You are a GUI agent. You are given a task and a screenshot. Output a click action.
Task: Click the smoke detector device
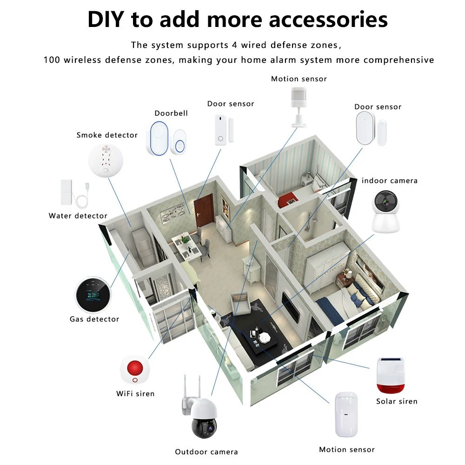point(106,160)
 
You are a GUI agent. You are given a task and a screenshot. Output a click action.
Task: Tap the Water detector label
point(78,216)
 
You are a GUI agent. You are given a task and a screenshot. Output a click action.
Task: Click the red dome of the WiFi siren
point(135,368)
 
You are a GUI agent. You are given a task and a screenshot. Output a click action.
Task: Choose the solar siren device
point(391,375)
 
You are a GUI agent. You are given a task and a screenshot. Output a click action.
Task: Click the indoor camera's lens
point(386,203)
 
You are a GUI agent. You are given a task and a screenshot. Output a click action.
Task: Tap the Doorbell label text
point(171,113)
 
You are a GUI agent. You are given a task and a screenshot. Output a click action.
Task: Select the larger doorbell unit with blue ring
point(159,138)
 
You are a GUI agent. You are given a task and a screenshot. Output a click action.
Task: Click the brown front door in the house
point(204,210)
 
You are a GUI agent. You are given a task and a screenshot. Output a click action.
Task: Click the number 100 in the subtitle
point(52,60)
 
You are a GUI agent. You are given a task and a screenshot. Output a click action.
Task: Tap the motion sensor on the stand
point(299,107)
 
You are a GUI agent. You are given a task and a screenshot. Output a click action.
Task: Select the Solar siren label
point(397,401)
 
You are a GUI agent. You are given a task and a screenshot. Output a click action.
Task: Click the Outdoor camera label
point(206,452)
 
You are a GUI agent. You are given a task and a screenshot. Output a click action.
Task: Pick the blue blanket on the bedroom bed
point(330,310)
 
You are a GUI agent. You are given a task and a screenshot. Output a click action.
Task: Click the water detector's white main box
point(66,192)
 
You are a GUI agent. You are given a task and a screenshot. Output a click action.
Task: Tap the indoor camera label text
point(389,180)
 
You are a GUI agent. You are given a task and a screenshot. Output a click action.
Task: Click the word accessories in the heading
point(328,20)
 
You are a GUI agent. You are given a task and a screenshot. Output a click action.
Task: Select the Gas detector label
point(94,319)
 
